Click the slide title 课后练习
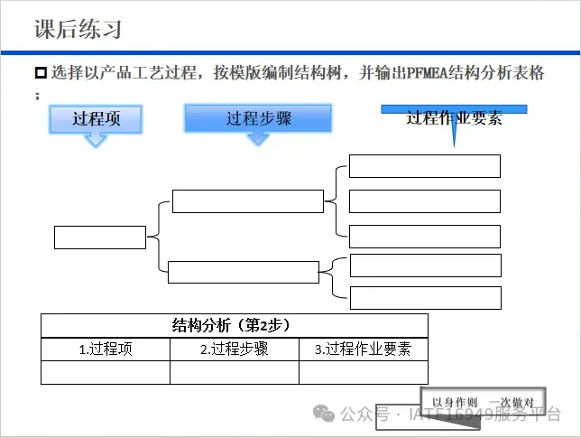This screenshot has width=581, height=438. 78,29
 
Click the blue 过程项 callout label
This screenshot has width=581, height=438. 96,118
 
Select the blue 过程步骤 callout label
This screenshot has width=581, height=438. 258,118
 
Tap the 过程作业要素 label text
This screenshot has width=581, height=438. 454,118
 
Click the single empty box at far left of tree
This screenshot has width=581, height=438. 100,237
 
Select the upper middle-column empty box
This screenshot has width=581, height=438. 247,201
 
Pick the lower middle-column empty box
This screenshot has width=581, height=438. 244,272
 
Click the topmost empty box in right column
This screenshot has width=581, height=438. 424,166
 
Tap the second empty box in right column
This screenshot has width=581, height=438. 424,201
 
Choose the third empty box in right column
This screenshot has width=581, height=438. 424,236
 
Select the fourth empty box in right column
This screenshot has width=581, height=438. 424,266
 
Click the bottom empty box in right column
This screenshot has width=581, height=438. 424,298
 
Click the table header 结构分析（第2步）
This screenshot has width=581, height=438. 235,325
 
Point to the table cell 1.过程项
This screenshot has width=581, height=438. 106,349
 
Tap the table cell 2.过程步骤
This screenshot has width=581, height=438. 235,349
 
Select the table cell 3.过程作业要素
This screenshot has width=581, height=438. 363,349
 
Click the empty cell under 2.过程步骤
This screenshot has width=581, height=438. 235,372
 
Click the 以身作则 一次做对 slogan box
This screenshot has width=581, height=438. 484,402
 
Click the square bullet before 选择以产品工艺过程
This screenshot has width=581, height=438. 41,73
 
